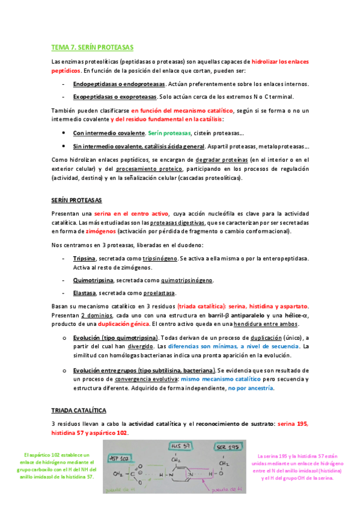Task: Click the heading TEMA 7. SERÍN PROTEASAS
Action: click(93, 47)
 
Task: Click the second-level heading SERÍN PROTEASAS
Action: click(77, 200)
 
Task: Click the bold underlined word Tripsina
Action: click(84, 259)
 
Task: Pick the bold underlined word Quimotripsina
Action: click(93, 280)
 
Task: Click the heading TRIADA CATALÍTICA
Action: click(79, 410)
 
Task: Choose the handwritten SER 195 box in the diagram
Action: click(227, 449)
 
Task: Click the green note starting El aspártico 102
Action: click(57, 465)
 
